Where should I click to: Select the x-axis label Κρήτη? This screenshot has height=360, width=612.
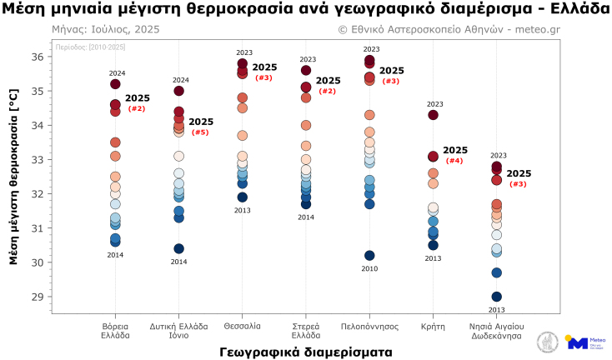[433, 326]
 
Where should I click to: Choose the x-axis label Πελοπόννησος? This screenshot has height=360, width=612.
[369, 326]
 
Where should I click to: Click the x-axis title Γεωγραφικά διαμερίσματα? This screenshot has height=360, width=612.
[306, 352]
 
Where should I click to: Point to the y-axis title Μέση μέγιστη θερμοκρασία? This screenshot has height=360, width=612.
[13, 179]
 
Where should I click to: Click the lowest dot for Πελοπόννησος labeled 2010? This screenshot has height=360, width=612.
[369, 255]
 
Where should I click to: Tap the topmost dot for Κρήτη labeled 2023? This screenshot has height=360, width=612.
[433, 115]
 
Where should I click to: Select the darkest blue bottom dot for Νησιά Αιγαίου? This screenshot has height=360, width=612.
[497, 297]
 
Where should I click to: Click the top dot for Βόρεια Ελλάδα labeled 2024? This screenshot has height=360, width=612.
[115, 84]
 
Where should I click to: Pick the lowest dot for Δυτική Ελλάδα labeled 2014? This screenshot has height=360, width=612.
[178, 248]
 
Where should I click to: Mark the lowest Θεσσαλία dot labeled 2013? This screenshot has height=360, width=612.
[243, 197]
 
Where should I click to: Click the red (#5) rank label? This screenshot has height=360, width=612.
[200, 132]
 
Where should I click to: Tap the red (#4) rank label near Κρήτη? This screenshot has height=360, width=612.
[454, 161]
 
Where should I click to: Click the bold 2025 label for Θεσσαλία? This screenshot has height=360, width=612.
[264, 67]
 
